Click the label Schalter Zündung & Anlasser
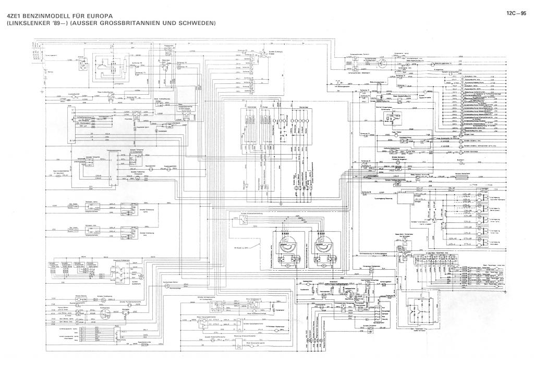(276, 53)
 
